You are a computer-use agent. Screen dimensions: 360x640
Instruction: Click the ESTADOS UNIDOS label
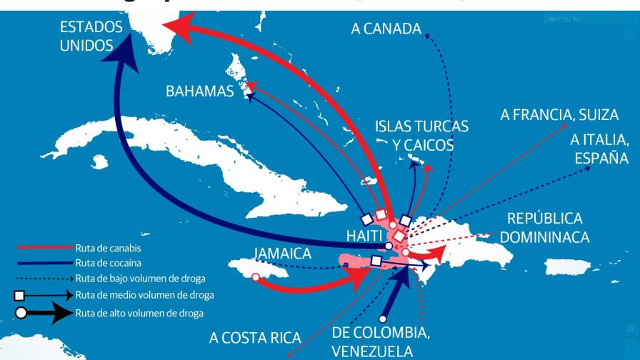(91, 36)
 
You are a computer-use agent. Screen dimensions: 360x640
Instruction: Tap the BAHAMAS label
(200, 91)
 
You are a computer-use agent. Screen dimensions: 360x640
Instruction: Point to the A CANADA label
(386, 29)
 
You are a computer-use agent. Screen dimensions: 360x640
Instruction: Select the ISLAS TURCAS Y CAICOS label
(422, 136)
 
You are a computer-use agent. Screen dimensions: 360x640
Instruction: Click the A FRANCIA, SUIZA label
(559, 114)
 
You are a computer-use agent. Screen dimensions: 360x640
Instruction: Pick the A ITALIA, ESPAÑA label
(599, 149)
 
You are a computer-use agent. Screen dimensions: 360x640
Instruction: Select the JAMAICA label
(282, 254)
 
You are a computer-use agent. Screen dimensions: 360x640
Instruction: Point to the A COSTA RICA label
(255, 337)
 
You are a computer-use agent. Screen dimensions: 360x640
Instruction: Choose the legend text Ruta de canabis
(109, 249)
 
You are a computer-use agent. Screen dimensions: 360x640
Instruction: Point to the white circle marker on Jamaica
(256, 276)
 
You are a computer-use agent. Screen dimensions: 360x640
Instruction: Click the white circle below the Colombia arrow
(383, 319)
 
